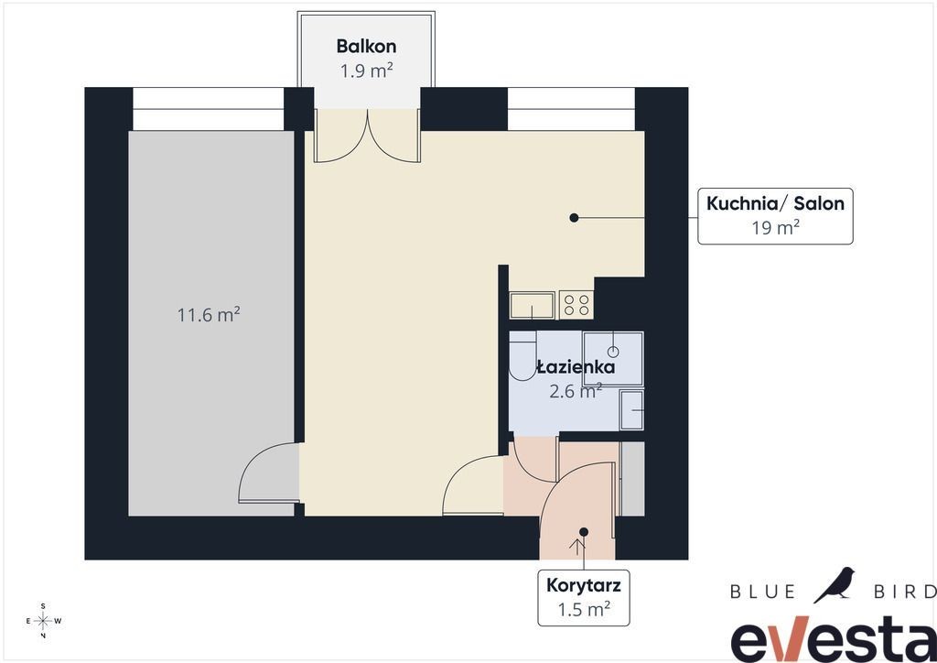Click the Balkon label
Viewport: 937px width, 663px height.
[366, 46]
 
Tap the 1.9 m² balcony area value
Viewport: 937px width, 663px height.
[366, 71]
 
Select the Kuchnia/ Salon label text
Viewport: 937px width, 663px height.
[775, 203]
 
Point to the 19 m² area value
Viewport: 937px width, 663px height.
[775, 228]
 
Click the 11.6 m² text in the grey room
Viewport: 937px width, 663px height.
[209, 314]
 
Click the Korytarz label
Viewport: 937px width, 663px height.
[583, 584]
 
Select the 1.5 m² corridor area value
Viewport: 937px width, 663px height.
[583, 609]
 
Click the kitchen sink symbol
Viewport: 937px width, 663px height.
[532, 305]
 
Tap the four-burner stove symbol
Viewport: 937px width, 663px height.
[576, 305]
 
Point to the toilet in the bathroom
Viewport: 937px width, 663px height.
[522, 355]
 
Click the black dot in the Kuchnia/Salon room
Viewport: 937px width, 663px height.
[574, 218]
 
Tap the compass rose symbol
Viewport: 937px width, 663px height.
[43, 621]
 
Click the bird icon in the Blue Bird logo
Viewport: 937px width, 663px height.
[835, 584]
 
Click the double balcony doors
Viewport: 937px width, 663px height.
[368, 136]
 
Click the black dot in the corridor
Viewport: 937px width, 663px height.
[584, 532]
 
